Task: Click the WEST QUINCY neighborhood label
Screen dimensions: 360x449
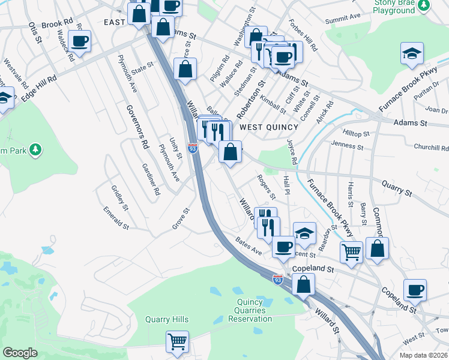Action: pos(268,127)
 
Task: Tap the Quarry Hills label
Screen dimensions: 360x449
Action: pos(167,319)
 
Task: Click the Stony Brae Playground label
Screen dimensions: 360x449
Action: pos(394,7)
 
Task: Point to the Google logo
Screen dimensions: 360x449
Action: pos(20,353)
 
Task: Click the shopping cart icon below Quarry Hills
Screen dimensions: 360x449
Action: pos(178,341)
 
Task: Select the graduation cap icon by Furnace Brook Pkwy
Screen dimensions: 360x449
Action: pos(412,53)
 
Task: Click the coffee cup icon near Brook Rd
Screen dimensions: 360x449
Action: pos(79,41)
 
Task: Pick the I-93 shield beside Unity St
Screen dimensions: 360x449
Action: pos(193,148)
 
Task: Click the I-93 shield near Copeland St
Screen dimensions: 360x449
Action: pos(277,280)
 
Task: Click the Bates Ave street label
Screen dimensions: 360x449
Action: pos(249,246)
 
